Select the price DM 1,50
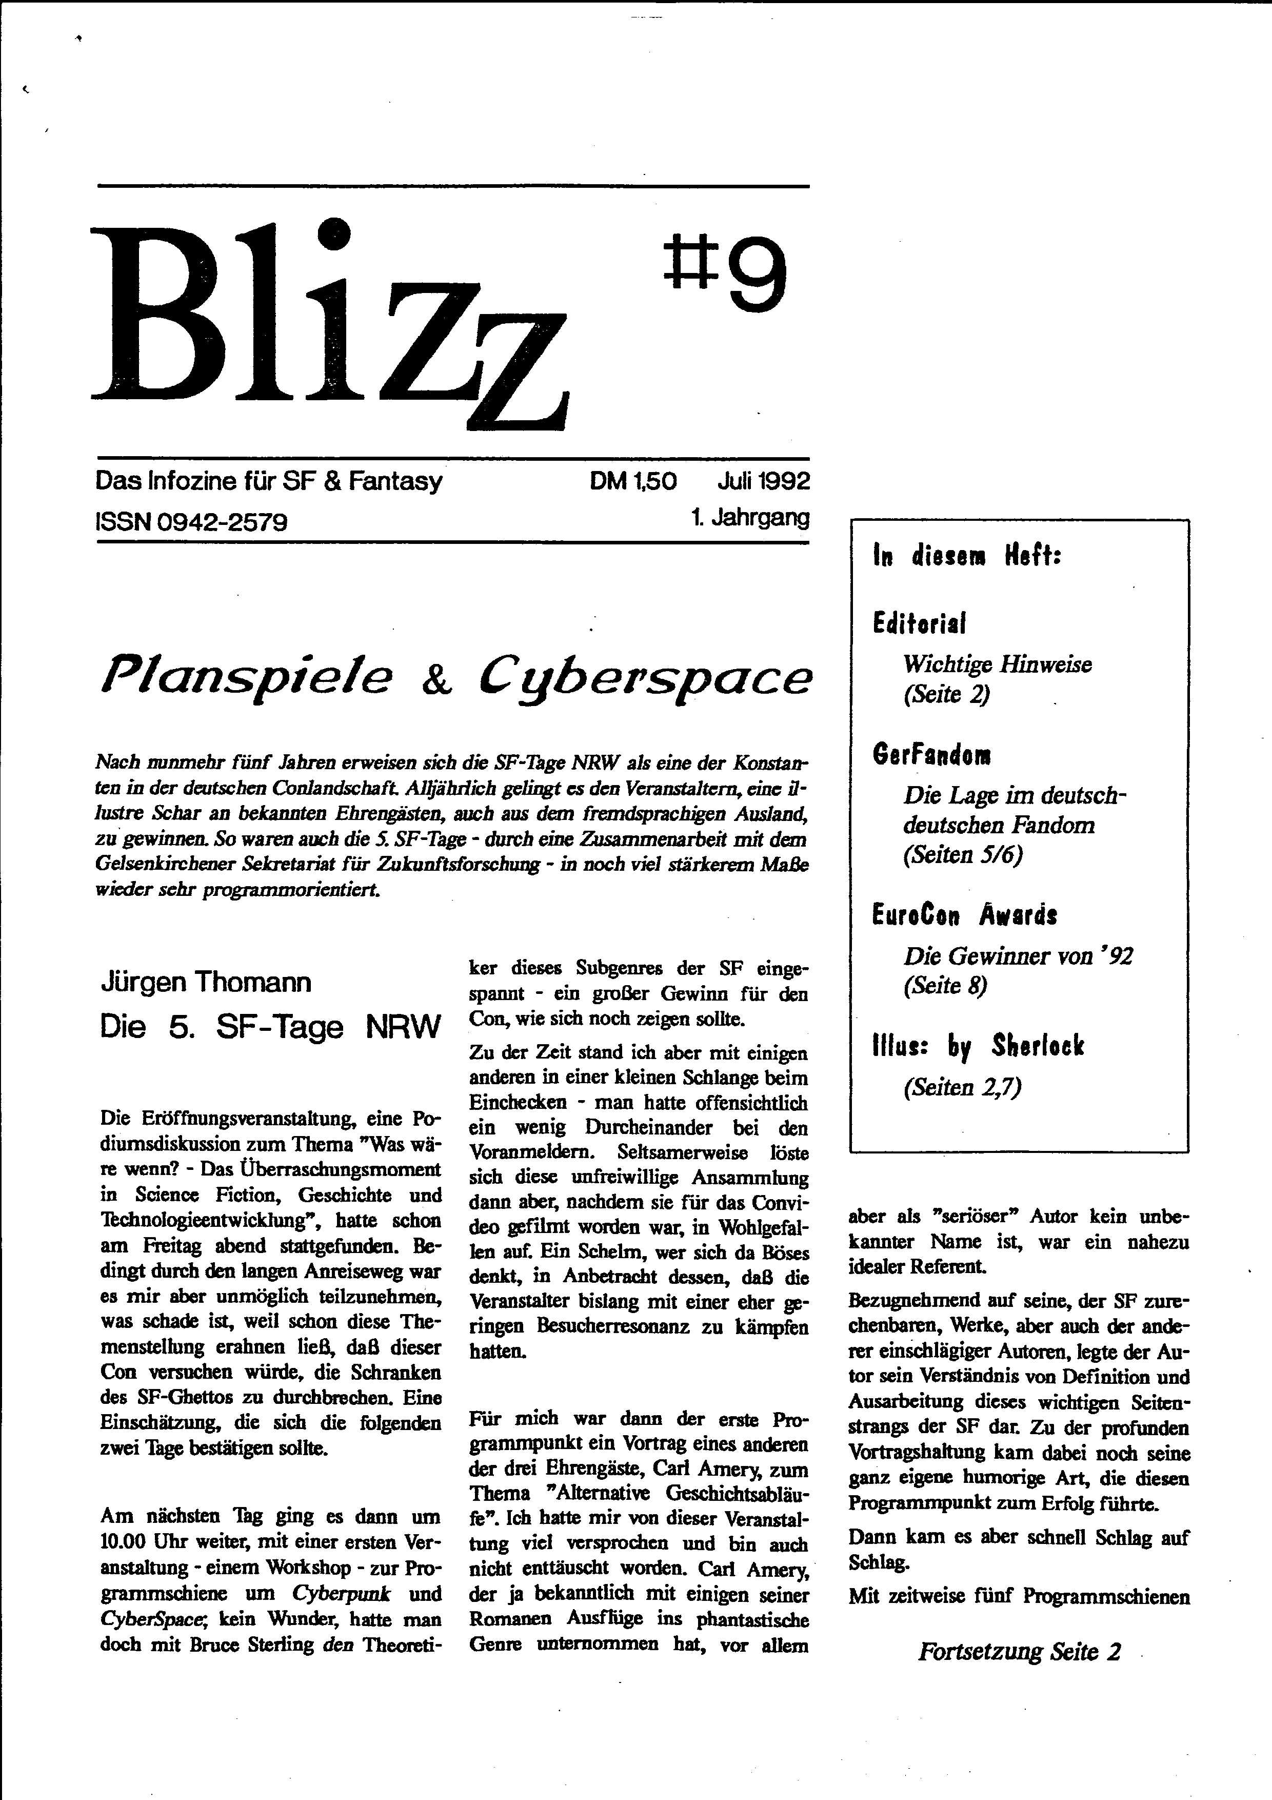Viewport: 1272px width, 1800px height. pos(633,481)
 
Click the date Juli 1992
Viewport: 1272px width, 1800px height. pos(763,481)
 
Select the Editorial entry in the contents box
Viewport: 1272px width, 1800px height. pos(919,623)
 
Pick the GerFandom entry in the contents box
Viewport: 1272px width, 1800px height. pos(931,755)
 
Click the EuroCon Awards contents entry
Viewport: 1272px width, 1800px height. pos(964,914)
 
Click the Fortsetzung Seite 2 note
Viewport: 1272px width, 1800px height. pos(1019,1652)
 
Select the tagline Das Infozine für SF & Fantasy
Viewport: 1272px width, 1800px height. pos(269,481)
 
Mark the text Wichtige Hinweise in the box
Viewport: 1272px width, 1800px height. pos(997,665)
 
